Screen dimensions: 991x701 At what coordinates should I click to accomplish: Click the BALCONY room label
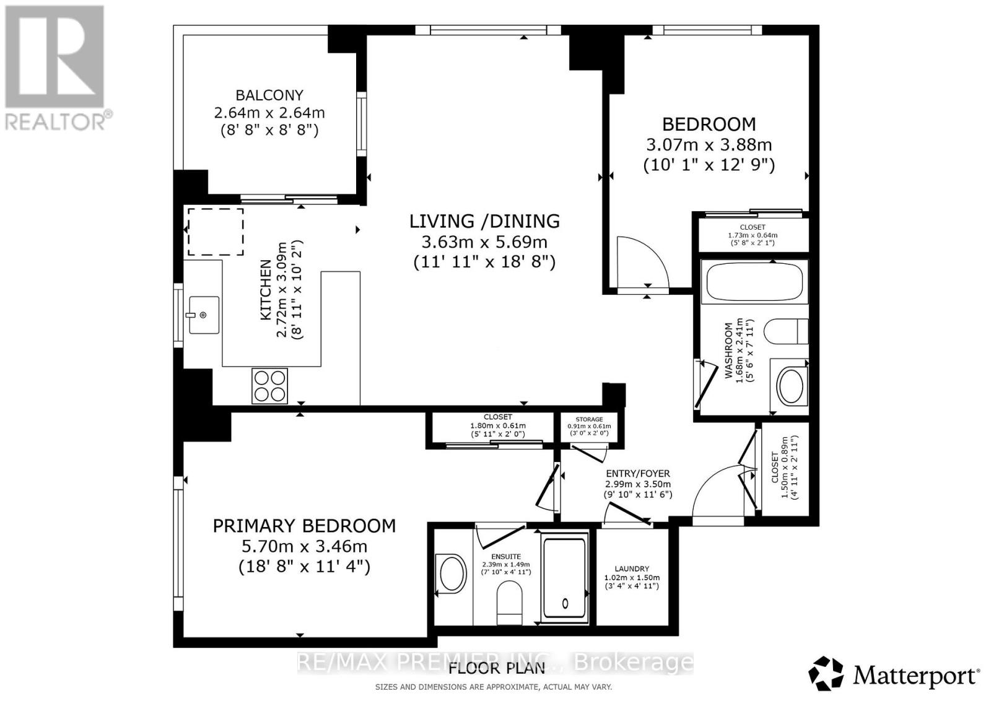[x=269, y=95]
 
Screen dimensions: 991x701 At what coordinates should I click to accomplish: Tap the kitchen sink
[x=204, y=315]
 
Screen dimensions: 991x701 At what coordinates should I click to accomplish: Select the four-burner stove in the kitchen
[x=270, y=386]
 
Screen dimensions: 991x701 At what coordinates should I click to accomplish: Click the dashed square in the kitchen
[x=216, y=232]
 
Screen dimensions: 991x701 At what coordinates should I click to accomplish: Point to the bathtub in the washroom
[x=754, y=282]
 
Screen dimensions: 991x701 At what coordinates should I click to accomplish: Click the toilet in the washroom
[x=786, y=331]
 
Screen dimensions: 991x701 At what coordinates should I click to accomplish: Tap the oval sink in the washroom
[x=790, y=386]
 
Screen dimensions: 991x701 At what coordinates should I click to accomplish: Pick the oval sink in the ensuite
[x=451, y=573]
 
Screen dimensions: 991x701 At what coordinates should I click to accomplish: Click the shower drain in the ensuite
[x=565, y=603]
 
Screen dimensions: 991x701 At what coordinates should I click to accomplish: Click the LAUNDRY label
[x=632, y=568]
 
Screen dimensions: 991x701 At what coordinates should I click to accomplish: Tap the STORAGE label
[x=589, y=419]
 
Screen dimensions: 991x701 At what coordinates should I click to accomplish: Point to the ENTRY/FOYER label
[x=637, y=474]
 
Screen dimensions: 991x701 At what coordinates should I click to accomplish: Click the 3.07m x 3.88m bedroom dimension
[x=709, y=145]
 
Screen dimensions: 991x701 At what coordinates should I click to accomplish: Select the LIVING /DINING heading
[x=484, y=221]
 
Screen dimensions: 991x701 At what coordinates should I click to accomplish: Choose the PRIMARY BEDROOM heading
[x=304, y=526]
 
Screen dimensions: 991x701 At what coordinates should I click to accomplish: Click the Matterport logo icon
[x=826, y=674]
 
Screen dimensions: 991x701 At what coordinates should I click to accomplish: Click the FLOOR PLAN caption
[x=496, y=668]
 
